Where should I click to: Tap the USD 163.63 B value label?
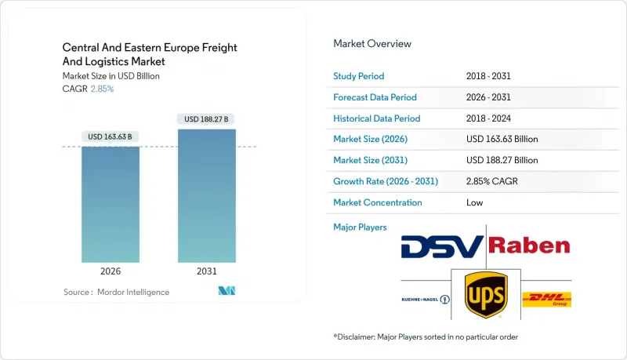pos(111,136)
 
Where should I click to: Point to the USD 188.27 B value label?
pos(206,119)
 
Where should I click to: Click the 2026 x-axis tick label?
pos(111,271)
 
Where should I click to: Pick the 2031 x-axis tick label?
pos(206,271)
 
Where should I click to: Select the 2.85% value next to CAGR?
pos(103,89)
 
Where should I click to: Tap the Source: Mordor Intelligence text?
pos(116,292)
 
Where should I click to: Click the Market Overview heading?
pos(371,44)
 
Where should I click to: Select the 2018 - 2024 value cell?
pos(491,118)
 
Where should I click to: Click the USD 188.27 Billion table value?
pos(502,160)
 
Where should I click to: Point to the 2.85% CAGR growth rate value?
pos(492,181)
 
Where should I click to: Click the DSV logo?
pos(442,247)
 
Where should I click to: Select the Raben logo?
pos(529,246)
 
